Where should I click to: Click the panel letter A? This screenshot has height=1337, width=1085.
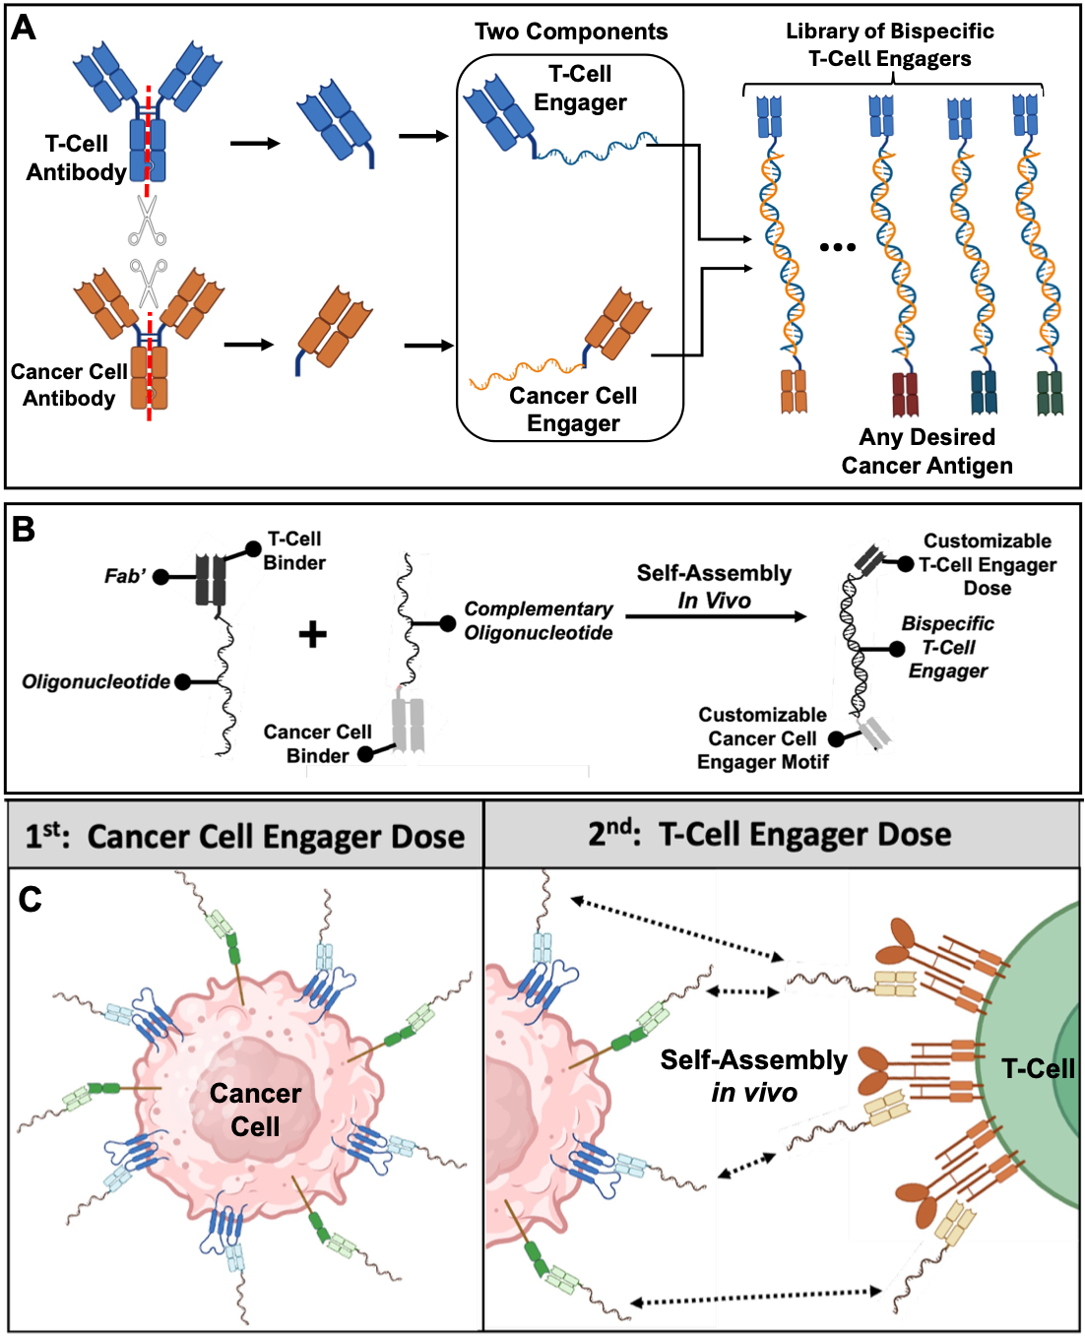click(x=24, y=28)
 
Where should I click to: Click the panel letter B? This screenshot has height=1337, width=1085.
click(x=24, y=529)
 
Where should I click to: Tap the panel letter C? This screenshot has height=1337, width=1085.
click(x=30, y=899)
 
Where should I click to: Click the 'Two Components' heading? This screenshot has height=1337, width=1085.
click(x=571, y=32)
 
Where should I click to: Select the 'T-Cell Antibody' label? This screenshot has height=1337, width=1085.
click(x=76, y=158)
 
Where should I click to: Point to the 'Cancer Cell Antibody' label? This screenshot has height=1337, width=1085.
click(x=68, y=385)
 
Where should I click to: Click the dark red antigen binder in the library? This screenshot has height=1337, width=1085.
click(x=905, y=394)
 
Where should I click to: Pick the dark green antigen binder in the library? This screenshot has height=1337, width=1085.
click(x=1051, y=393)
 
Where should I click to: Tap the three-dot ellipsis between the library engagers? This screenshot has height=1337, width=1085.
click(x=838, y=247)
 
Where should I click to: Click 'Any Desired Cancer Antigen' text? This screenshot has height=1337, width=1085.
click(x=926, y=451)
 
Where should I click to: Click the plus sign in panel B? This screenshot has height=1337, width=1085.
click(x=313, y=634)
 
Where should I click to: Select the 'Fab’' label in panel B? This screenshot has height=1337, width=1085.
click(x=125, y=576)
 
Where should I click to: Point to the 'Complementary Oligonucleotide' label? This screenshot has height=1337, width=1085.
click(x=538, y=621)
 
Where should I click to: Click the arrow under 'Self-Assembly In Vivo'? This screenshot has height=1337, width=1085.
click(x=716, y=616)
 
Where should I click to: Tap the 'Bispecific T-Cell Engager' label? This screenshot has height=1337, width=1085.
click(x=947, y=647)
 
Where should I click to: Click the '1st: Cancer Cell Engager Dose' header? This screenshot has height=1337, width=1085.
click(x=245, y=836)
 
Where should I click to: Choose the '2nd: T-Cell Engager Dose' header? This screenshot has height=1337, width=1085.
click(x=769, y=835)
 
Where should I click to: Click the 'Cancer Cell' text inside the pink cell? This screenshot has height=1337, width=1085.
click(x=255, y=1110)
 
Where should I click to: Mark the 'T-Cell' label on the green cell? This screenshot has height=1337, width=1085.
click(x=1038, y=1068)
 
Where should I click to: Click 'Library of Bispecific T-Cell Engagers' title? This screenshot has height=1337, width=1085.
click(x=889, y=44)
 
